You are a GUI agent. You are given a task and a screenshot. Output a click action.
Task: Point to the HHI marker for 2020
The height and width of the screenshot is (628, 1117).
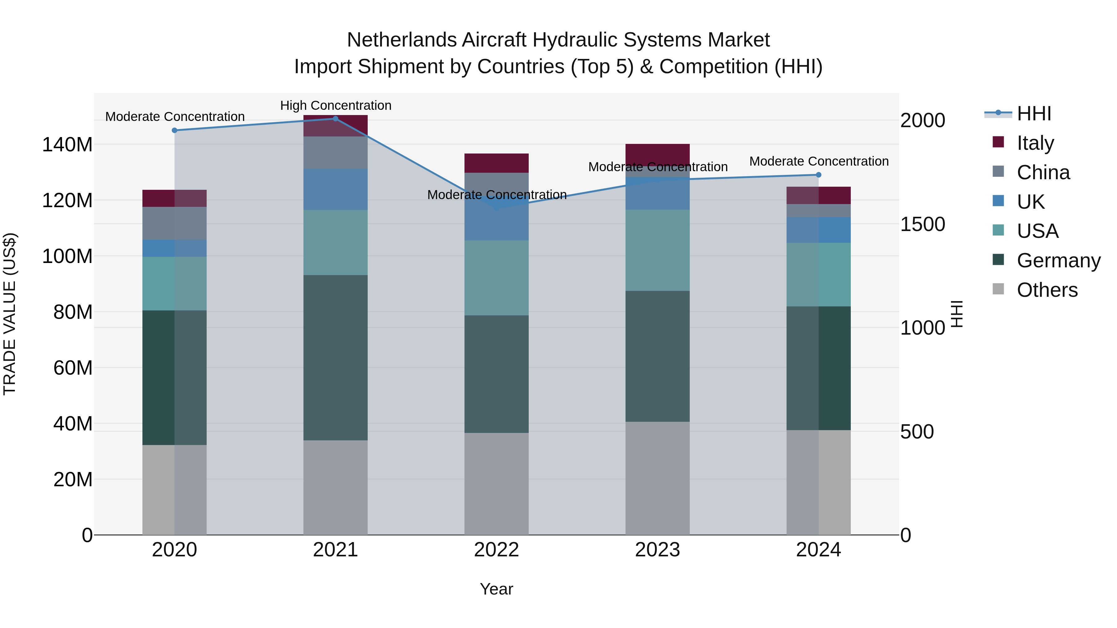coord(174,131)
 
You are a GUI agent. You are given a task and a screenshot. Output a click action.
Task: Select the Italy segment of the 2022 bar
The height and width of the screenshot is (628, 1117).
coord(496,163)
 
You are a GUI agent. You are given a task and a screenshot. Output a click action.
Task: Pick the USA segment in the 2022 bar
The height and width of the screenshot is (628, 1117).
coord(496,278)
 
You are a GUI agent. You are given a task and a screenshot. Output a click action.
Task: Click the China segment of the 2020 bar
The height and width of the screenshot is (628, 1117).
coord(174,223)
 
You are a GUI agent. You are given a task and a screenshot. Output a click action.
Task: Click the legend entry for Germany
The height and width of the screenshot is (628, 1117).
coord(1058,261)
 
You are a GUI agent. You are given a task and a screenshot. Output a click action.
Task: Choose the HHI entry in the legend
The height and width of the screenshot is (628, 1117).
coord(1034,114)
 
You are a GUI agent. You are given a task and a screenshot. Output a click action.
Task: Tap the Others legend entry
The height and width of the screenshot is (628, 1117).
coord(1047,290)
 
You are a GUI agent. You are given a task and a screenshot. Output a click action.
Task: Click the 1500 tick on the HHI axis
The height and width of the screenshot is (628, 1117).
coord(922,224)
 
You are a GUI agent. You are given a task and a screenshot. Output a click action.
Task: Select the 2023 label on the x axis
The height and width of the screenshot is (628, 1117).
coord(657,550)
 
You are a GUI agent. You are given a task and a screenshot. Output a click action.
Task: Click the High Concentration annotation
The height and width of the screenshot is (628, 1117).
coord(336,105)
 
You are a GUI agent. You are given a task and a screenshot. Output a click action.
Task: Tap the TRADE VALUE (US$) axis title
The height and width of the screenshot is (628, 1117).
coord(10,314)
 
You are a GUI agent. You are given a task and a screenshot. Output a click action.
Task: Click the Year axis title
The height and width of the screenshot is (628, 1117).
coord(496,589)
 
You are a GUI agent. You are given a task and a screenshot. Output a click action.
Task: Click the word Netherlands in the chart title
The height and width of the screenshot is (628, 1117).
coord(401,40)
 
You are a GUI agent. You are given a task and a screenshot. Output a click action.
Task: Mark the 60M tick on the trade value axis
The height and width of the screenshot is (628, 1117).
coord(73,368)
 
